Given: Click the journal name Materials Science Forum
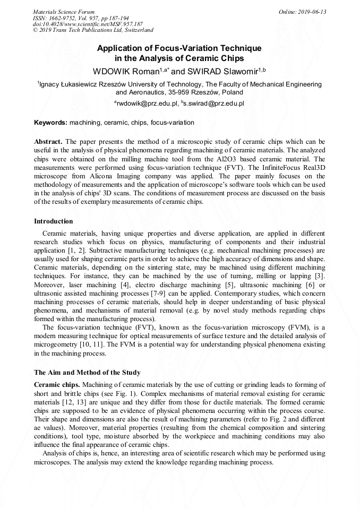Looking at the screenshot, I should [64, 12].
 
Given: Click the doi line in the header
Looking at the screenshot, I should [88, 24].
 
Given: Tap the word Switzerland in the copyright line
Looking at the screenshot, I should [137, 30].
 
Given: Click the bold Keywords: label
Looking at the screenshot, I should [50, 123].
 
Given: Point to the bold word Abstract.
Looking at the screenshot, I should [48, 142].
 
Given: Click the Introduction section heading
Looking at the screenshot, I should [54, 221].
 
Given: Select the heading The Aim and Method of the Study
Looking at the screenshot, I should [87, 373].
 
